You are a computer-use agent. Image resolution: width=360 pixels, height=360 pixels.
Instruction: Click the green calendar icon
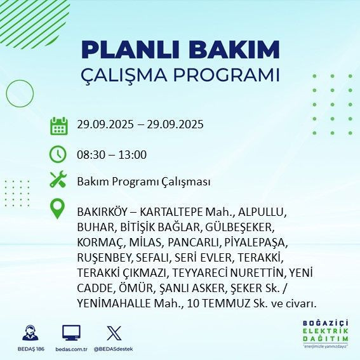(58, 125)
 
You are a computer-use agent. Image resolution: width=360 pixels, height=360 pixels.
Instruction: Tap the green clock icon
(58, 154)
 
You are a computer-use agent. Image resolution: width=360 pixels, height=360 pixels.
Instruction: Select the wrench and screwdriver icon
(58, 180)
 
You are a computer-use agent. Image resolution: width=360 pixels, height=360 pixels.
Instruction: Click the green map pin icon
(58, 209)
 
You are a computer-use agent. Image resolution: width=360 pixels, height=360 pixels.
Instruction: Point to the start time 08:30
(90, 154)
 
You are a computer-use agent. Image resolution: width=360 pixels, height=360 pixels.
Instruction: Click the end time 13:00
(133, 154)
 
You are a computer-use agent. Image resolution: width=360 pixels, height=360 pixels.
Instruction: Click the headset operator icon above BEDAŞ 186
(29, 333)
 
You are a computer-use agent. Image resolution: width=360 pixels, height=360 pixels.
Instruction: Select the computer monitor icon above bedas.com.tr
(71, 333)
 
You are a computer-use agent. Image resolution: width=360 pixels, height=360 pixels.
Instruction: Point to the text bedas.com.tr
(71, 350)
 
